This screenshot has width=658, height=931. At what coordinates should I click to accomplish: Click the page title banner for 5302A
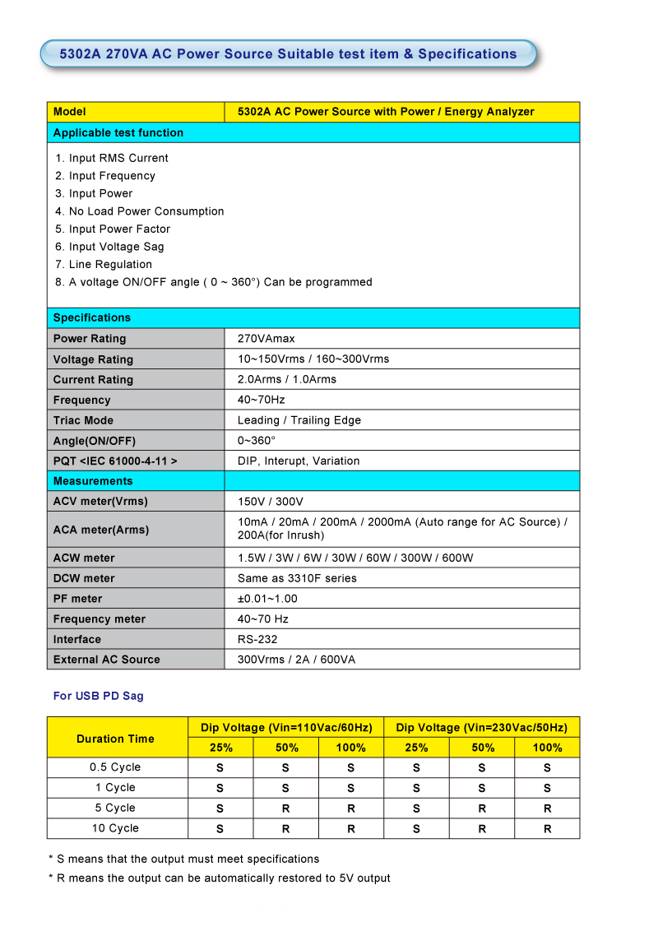click(x=288, y=54)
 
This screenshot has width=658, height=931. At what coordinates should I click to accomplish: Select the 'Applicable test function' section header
click(x=118, y=132)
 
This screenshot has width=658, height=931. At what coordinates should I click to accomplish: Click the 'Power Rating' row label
click(x=90, y=338)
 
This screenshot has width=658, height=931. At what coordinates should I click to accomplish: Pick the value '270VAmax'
click(x=266, y=338)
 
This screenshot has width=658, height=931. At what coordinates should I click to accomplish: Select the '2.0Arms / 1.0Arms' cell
click(x=286, y=379)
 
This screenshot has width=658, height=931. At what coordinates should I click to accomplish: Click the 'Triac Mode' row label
click(x=84, y=419)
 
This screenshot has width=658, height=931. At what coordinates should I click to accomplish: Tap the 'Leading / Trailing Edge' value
click(x=299, y=419)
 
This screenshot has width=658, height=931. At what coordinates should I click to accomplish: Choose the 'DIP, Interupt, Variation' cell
click(x=298, y=461)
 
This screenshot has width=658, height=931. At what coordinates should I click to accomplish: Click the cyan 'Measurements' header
click(x=93, y=481)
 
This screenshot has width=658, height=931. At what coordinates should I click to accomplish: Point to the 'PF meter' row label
click(x=78, y=599)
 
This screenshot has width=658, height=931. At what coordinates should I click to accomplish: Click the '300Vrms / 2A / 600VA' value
click(x=296, y=659)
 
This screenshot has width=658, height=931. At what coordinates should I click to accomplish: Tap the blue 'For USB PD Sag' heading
click(x=98, y=696)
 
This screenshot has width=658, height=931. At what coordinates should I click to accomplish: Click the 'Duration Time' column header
click(x=115, y=739)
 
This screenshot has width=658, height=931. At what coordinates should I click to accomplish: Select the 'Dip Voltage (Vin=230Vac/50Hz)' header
click(x=481, y=727)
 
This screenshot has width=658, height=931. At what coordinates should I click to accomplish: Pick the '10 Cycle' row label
click(x=115, y=828)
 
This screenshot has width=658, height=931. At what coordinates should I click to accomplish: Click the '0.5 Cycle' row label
click(x=115, y=767)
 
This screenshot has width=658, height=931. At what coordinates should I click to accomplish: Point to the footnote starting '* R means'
click(x=219, y=878)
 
